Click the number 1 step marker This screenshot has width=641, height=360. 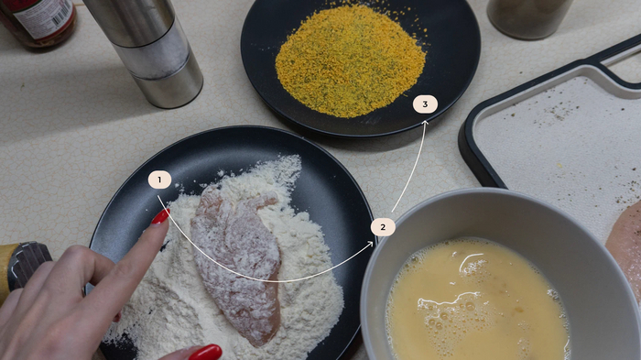point(159,180)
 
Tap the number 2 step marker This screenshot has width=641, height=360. point(383,227)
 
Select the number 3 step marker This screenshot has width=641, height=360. point(425,104)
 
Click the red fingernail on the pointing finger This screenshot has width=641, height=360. point(160,216)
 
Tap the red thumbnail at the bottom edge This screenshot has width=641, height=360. point(205,353)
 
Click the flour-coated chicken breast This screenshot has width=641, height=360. point(237,262)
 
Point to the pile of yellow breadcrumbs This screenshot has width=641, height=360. point(351,61)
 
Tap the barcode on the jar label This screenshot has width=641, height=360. point(61,12)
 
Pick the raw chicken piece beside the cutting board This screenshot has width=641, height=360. point(625,245)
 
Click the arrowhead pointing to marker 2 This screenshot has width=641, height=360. point(370,244)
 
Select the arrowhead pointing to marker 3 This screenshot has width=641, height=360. point(425,123)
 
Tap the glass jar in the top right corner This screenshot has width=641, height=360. point(529,18)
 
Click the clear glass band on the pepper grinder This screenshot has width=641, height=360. point(153,49)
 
